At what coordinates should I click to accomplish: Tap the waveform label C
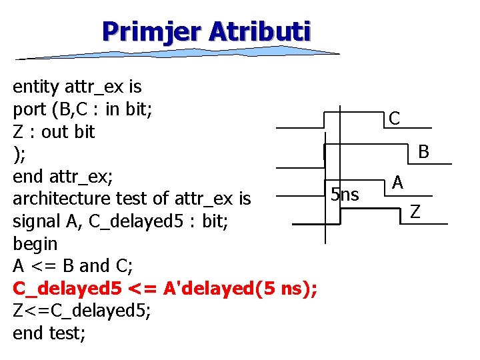click(x=395, y=119)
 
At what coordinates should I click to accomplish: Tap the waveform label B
click(x=423, y=153)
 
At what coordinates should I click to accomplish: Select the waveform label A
click(x=397, y=181)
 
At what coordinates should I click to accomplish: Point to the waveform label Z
click(x=415, y=212)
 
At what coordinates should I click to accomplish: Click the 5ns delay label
click(x=345, y=195)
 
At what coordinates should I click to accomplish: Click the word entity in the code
click(x=36, y=86)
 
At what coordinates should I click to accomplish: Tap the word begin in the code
click(x=35, y=243)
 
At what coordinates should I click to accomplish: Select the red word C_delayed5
click(x=67, y=288)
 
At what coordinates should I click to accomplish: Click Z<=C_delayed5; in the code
click(x=83, y=311)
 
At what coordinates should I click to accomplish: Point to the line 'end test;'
click(x=49, y=333)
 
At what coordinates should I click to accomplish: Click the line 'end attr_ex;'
click(x=64, y=176)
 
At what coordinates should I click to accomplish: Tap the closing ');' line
click(x=19, y=154)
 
